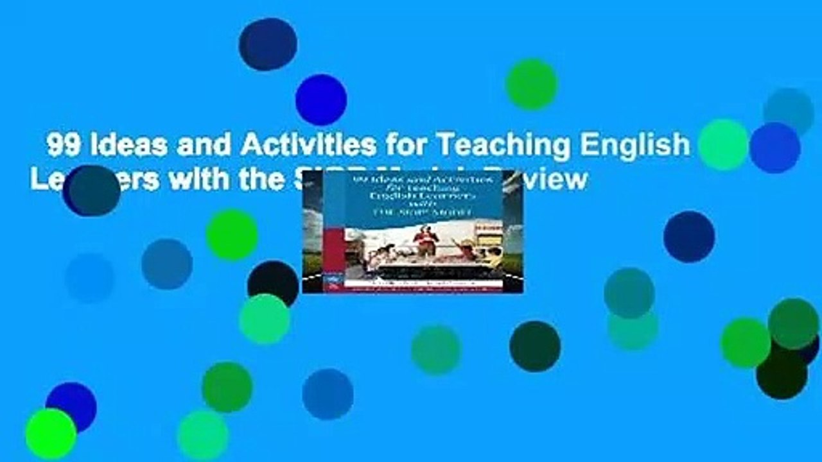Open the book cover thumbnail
(x=412, y=232)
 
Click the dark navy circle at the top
(x=268, y=44)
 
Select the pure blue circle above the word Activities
(x=321, y=99)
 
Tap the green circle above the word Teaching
(x=531, y=84)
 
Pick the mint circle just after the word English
(x=724, y=144)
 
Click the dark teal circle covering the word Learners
(x=94, y=191)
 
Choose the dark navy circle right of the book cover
(x=689, y=237)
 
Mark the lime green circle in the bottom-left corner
(x=51, y=434)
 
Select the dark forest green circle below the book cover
(x=535, y=346)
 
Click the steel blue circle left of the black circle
(x=167, y=264)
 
